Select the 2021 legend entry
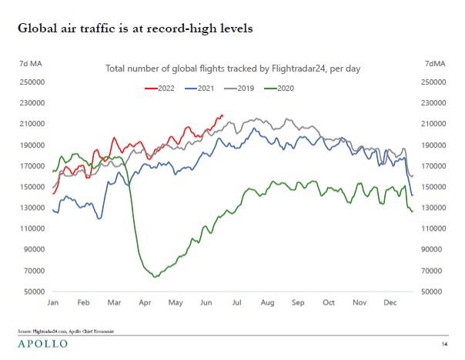point(199,88)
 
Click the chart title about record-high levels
point(135,28)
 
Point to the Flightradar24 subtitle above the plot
point(232,68)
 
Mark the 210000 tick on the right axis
point(434,124)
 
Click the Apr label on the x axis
point(143,304)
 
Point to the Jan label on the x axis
point(53,304)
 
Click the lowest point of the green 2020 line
point(155,277)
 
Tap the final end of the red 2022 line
point(222,116)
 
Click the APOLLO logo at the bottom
point(42,343)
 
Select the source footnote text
point(66,331)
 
